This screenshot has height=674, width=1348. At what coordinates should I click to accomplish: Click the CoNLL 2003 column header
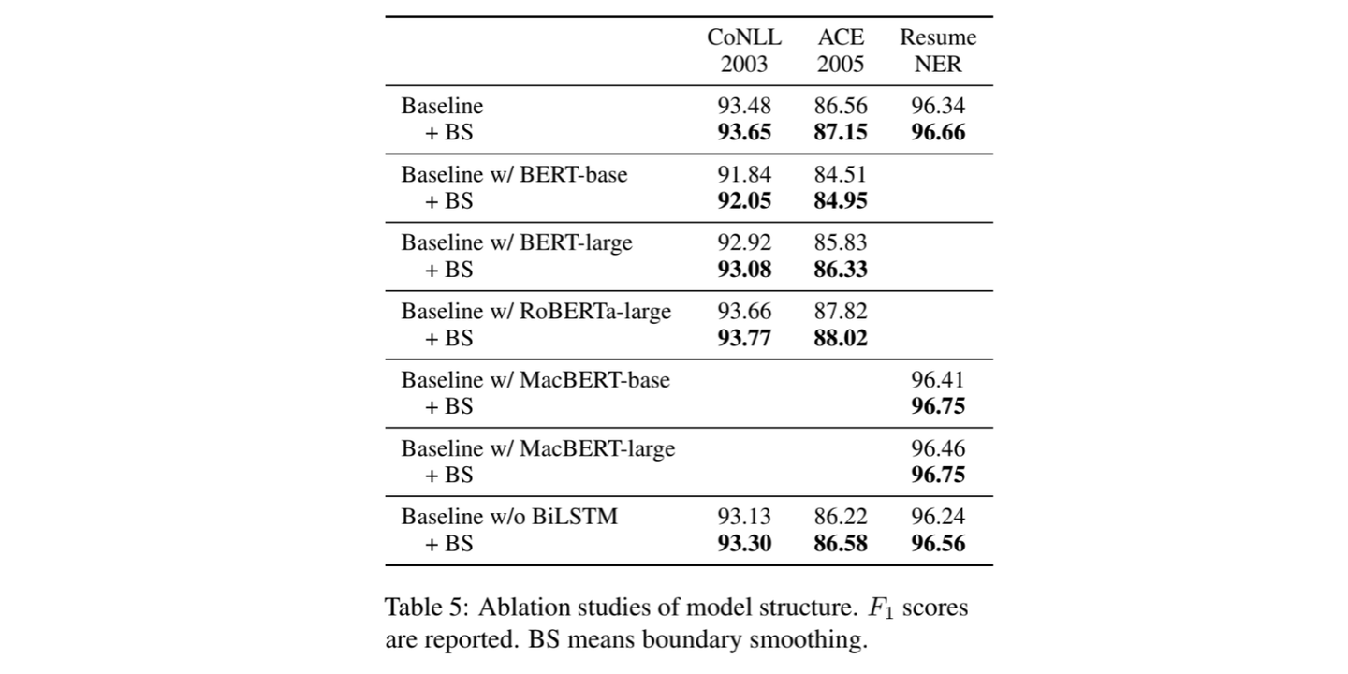744,51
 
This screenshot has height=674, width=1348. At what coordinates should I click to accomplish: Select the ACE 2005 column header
840,51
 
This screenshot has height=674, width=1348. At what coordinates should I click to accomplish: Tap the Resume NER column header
938,51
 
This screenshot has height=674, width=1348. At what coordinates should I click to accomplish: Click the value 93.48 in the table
744,106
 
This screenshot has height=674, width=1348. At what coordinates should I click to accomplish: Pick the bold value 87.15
840,132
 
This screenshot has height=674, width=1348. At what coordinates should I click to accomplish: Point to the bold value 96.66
938,132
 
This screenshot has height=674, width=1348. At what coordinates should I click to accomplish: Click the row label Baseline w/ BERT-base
514,174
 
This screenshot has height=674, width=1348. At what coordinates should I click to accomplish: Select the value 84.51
840,174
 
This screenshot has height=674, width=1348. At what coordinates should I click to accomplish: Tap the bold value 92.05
744,200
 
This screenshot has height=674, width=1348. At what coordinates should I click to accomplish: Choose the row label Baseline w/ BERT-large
517,242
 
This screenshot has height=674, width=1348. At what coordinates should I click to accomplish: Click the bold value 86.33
840,269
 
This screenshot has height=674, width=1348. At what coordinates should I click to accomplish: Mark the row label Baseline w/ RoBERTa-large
536,311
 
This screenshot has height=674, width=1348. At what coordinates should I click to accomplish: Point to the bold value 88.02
840,337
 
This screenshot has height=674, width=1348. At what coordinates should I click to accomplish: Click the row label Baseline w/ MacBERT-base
535,379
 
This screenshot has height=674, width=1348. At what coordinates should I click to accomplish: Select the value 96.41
938,379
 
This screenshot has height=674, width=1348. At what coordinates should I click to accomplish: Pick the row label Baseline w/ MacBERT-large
538,448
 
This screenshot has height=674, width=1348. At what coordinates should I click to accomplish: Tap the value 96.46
938,448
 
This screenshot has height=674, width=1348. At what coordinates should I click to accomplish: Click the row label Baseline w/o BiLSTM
509,516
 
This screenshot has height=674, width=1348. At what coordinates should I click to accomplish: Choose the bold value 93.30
744,543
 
